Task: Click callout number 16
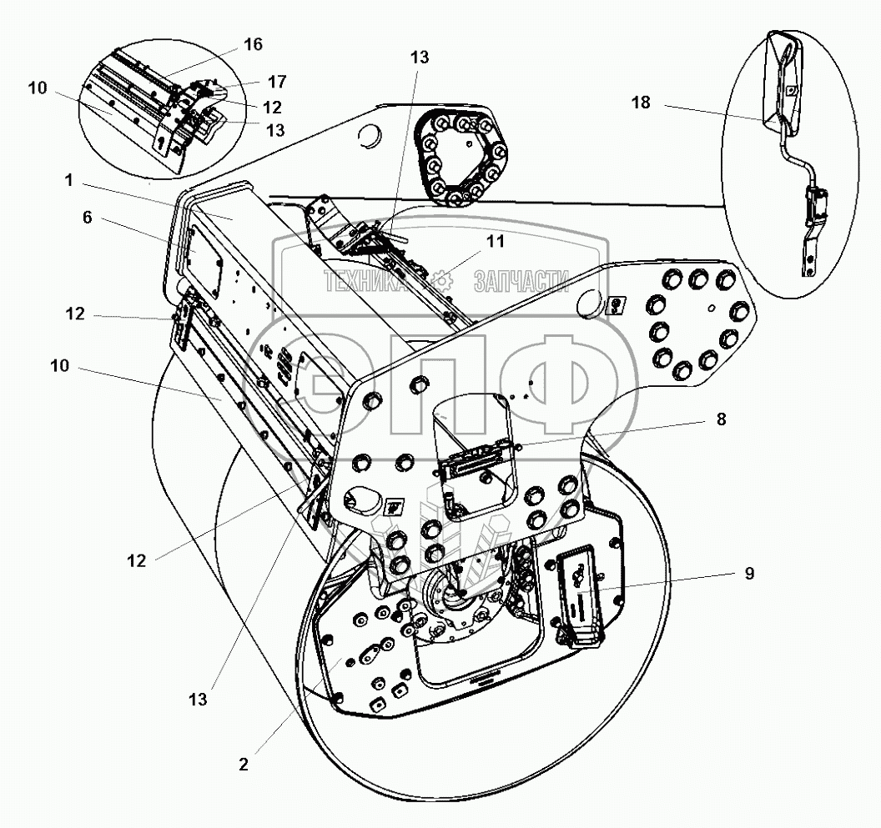[252, 45]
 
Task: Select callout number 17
[277, 82]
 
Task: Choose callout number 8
[720, 419]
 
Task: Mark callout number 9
[748, 574]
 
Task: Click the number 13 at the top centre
[419, 57]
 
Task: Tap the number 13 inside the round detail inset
[274, 129]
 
